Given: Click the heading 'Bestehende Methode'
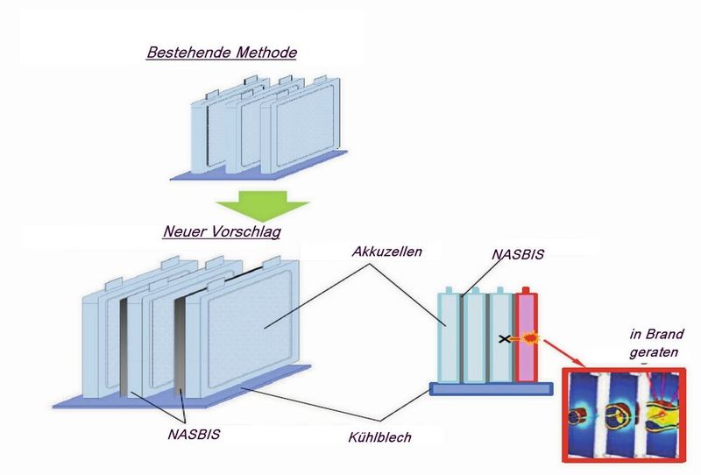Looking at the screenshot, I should pyautogui.click(x=222, y=53).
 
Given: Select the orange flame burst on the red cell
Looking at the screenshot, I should pyautogui.click(x=528, y=337).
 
